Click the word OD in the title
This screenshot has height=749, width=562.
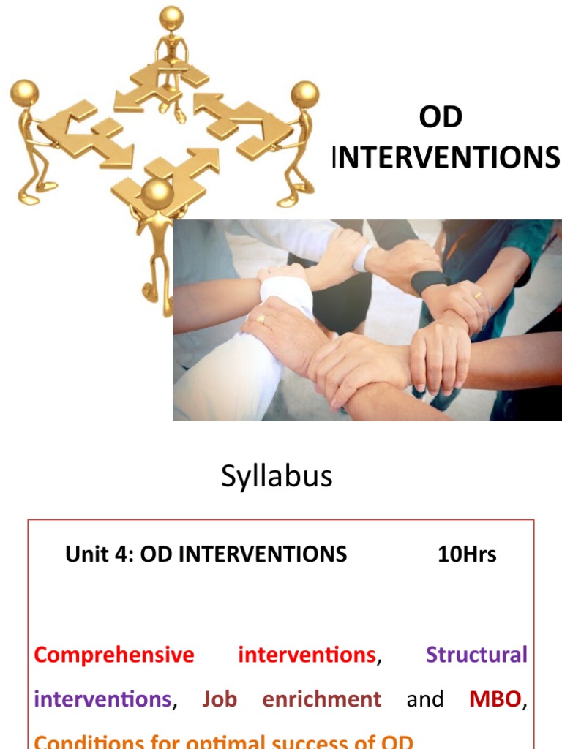[441, 118]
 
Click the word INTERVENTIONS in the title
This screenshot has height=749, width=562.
[447, 157]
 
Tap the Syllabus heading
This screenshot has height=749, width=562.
[277, 476]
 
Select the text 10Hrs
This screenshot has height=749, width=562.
[467, 554]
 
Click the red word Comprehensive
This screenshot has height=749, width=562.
[114, 655]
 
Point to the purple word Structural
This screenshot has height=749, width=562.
[476, 655]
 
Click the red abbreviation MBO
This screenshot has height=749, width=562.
[495, 699]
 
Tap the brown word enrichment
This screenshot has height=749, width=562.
[322, 699]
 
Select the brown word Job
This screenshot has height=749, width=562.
[220, 699]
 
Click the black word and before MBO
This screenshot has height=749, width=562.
[425, 699]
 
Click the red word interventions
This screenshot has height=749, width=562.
[307, 655]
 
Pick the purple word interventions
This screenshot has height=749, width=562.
[102, 699]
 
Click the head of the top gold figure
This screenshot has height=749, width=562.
[171, 17]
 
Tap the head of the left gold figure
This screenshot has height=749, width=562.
[24, 93]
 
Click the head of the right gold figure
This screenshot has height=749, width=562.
[304, 94]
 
